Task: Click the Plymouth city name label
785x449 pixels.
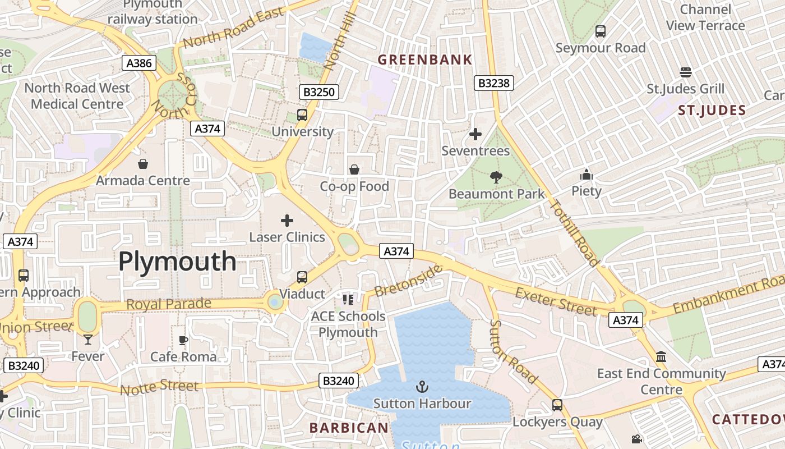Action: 177,262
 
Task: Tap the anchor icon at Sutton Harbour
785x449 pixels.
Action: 422,386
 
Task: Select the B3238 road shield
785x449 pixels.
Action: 493,84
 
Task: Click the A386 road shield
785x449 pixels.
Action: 139,63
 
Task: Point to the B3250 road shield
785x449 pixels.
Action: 319,92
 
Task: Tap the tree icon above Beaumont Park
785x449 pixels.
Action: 496,177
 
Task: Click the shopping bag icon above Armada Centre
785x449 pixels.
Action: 143,164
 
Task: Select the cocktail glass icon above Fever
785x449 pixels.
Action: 88,339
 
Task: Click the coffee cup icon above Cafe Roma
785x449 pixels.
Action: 183,340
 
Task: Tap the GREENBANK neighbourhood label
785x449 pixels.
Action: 424,59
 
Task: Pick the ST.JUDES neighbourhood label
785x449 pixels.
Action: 712,110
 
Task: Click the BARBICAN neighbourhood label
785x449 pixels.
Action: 349,428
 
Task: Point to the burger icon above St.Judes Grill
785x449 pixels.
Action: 685,72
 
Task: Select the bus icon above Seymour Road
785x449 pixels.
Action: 601,31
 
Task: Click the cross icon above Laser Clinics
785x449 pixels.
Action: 287,221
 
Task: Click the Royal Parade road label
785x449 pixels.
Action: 169,304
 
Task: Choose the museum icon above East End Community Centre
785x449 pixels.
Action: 661,357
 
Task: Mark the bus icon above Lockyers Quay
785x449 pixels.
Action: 557,405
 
